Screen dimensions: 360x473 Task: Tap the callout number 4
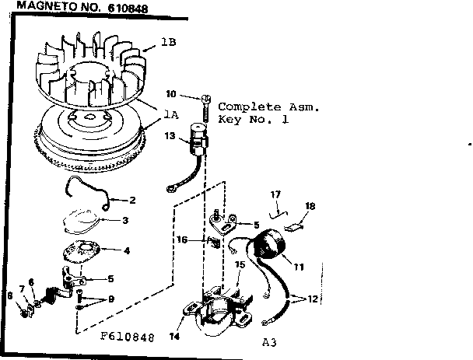pos(127,250)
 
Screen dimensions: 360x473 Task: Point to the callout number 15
pos(240,264)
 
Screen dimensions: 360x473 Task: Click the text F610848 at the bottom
pos(127,338)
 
